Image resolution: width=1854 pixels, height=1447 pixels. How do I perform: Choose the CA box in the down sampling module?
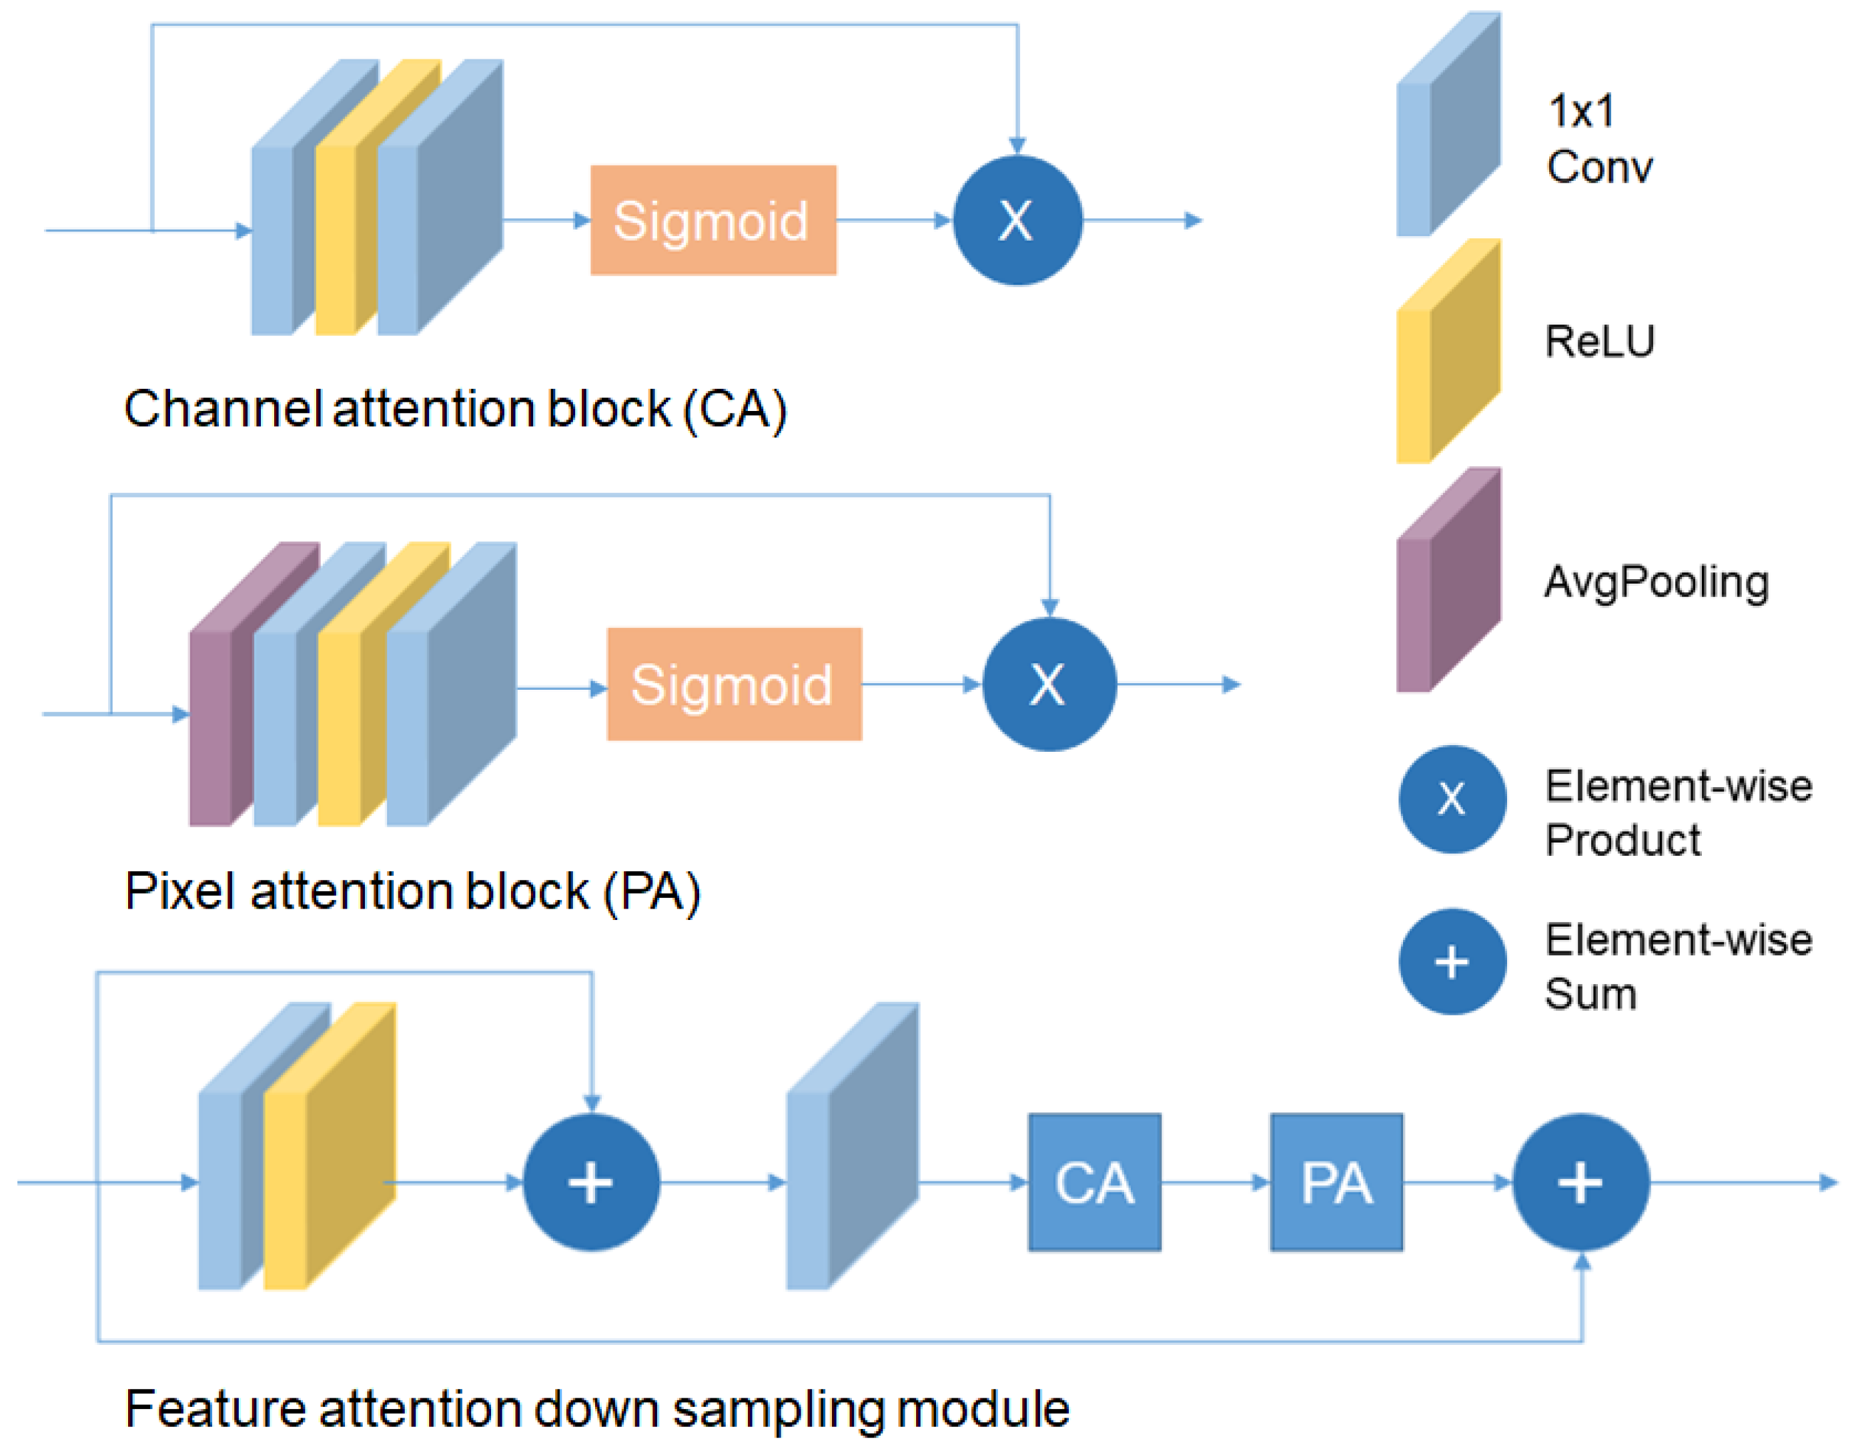1094,1182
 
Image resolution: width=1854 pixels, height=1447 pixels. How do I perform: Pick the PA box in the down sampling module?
1336,1182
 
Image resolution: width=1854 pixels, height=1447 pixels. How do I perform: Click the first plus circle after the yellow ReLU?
591,1182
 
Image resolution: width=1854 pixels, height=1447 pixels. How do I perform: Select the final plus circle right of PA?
1580,1182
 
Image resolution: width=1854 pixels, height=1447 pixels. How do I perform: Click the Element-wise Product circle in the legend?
1452,799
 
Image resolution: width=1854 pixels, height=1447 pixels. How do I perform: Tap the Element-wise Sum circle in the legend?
1452,961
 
